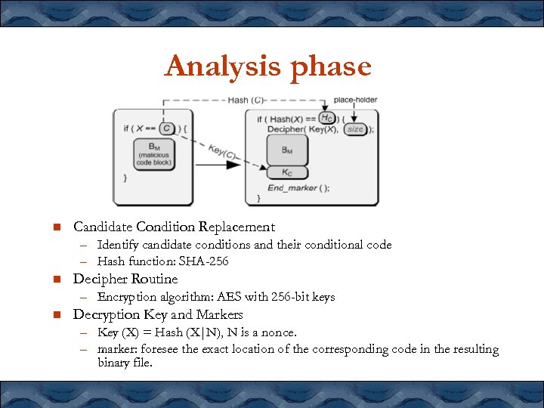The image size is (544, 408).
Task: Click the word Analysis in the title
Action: [x=218, y=66]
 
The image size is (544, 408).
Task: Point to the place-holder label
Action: [x=355, y=100]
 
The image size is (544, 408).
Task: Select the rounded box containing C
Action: [x=168, y=128]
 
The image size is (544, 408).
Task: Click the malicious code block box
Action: [x=154, y=154]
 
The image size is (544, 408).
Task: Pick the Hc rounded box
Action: [x=327, y=118]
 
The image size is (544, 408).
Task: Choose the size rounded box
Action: [x=355, y=129]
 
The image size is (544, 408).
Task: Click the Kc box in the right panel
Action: [x=287, y=173]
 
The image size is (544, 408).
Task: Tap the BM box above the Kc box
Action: [x=287, y=151]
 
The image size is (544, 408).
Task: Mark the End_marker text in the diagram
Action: [x=292, y=188]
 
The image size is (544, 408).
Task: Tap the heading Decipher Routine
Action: [x=125, y=279]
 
